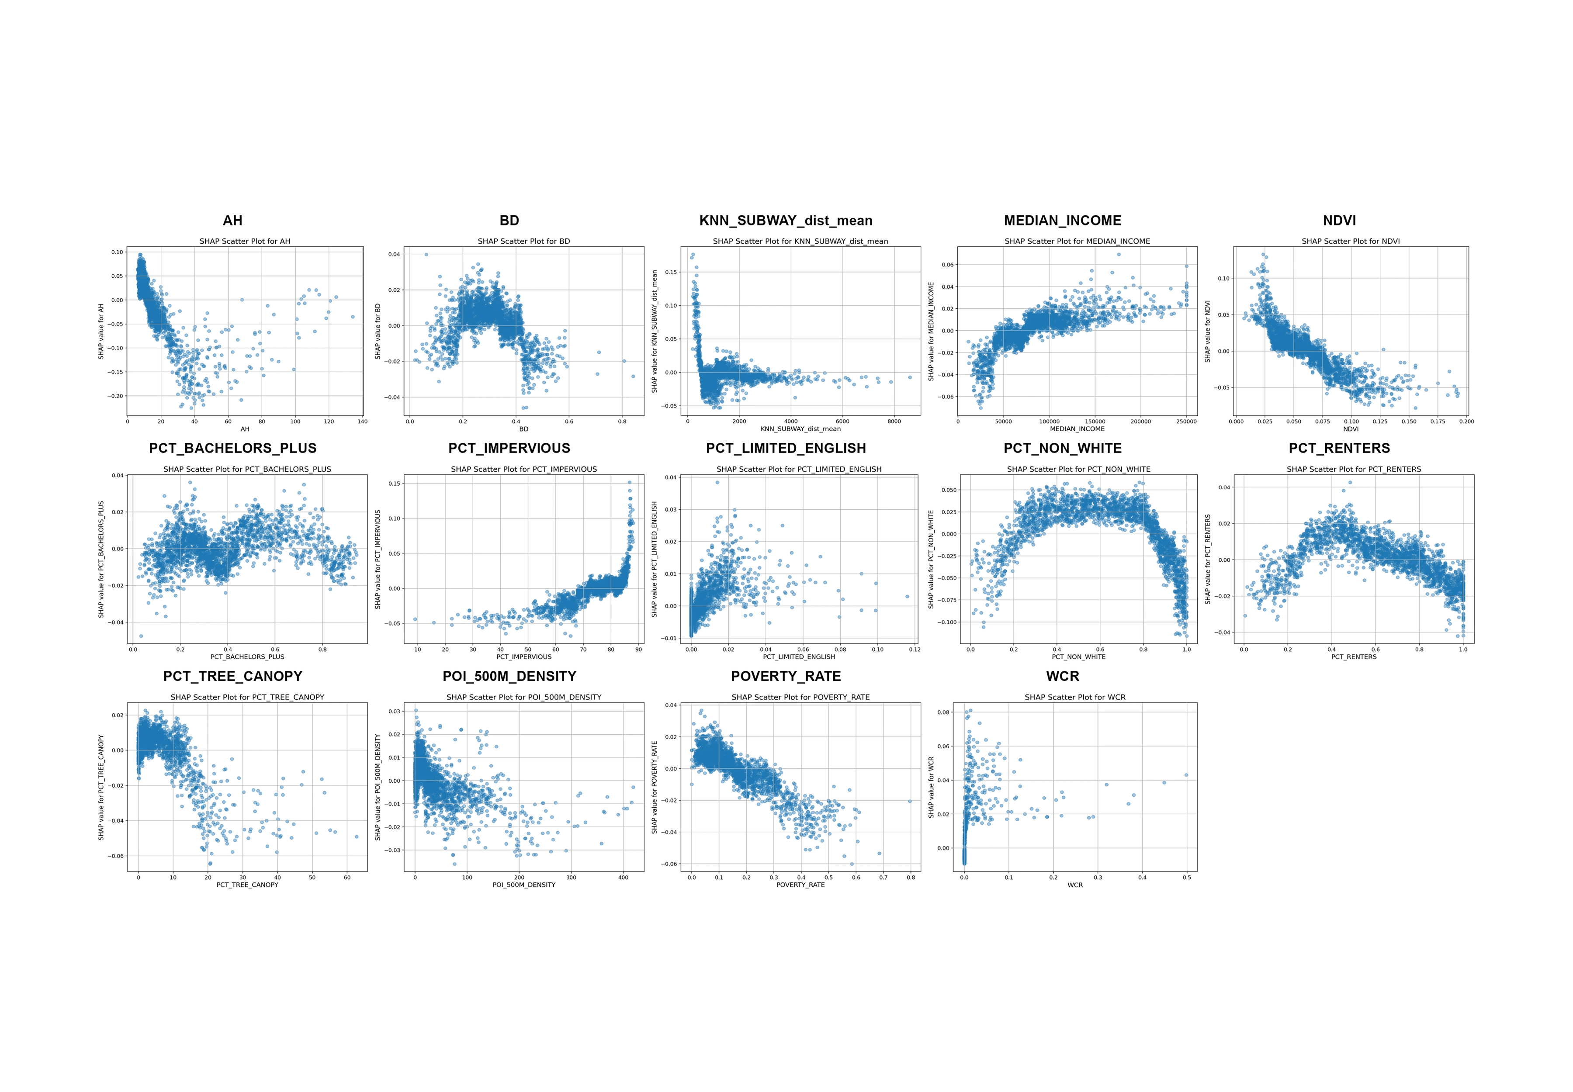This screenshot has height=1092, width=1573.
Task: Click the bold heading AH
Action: [x=233, y=220]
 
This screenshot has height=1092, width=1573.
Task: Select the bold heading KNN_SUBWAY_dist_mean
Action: [x=786, y=220]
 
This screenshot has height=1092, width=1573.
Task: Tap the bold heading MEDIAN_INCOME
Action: [x=1062, y=220]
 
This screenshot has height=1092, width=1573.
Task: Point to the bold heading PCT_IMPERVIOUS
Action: [x=509, y=448]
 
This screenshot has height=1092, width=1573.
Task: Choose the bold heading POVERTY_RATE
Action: [x=786, y=676]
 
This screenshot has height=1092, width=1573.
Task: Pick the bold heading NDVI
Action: [x=1340, y=220]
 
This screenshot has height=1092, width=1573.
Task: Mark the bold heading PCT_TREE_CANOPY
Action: [x=233, y=676]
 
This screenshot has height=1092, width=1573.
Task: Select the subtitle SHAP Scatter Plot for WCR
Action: [x=1075, y=697]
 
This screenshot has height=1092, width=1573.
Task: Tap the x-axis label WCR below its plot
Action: [x=1075, y=885]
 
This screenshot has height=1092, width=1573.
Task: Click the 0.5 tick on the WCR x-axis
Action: [x=1186, y=877]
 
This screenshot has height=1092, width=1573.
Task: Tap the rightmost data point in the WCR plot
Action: [x=1186, y=775]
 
